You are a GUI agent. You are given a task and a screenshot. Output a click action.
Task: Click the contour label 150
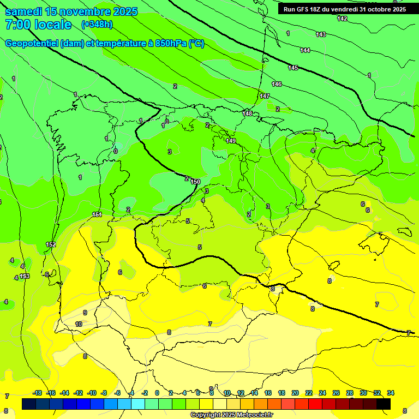196,182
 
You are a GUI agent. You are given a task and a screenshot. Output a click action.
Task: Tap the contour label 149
231,141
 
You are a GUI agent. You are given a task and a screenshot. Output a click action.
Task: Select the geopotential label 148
248,113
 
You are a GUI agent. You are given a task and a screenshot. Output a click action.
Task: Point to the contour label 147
265,96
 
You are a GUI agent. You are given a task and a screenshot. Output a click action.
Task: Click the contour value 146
277,84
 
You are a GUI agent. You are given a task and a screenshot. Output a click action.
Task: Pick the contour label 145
293,68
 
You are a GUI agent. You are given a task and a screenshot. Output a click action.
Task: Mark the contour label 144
305,50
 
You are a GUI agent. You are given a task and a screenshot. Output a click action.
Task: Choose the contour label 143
321,34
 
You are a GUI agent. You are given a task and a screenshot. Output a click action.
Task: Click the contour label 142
342,19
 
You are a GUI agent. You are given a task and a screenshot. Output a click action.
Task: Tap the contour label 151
97,214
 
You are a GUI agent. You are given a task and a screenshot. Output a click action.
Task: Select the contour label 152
51,244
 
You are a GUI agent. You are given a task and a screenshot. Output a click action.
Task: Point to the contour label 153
25,277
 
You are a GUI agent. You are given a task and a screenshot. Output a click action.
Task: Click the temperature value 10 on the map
79,324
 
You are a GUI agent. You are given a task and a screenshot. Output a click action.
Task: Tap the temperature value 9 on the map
85,313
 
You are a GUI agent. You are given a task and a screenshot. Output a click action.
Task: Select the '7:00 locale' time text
38,25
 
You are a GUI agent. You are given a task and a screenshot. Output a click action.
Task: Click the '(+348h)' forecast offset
97,25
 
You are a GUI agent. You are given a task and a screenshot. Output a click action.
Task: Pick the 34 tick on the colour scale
391,393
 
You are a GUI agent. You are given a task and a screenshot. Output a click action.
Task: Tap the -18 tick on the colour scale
37,393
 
